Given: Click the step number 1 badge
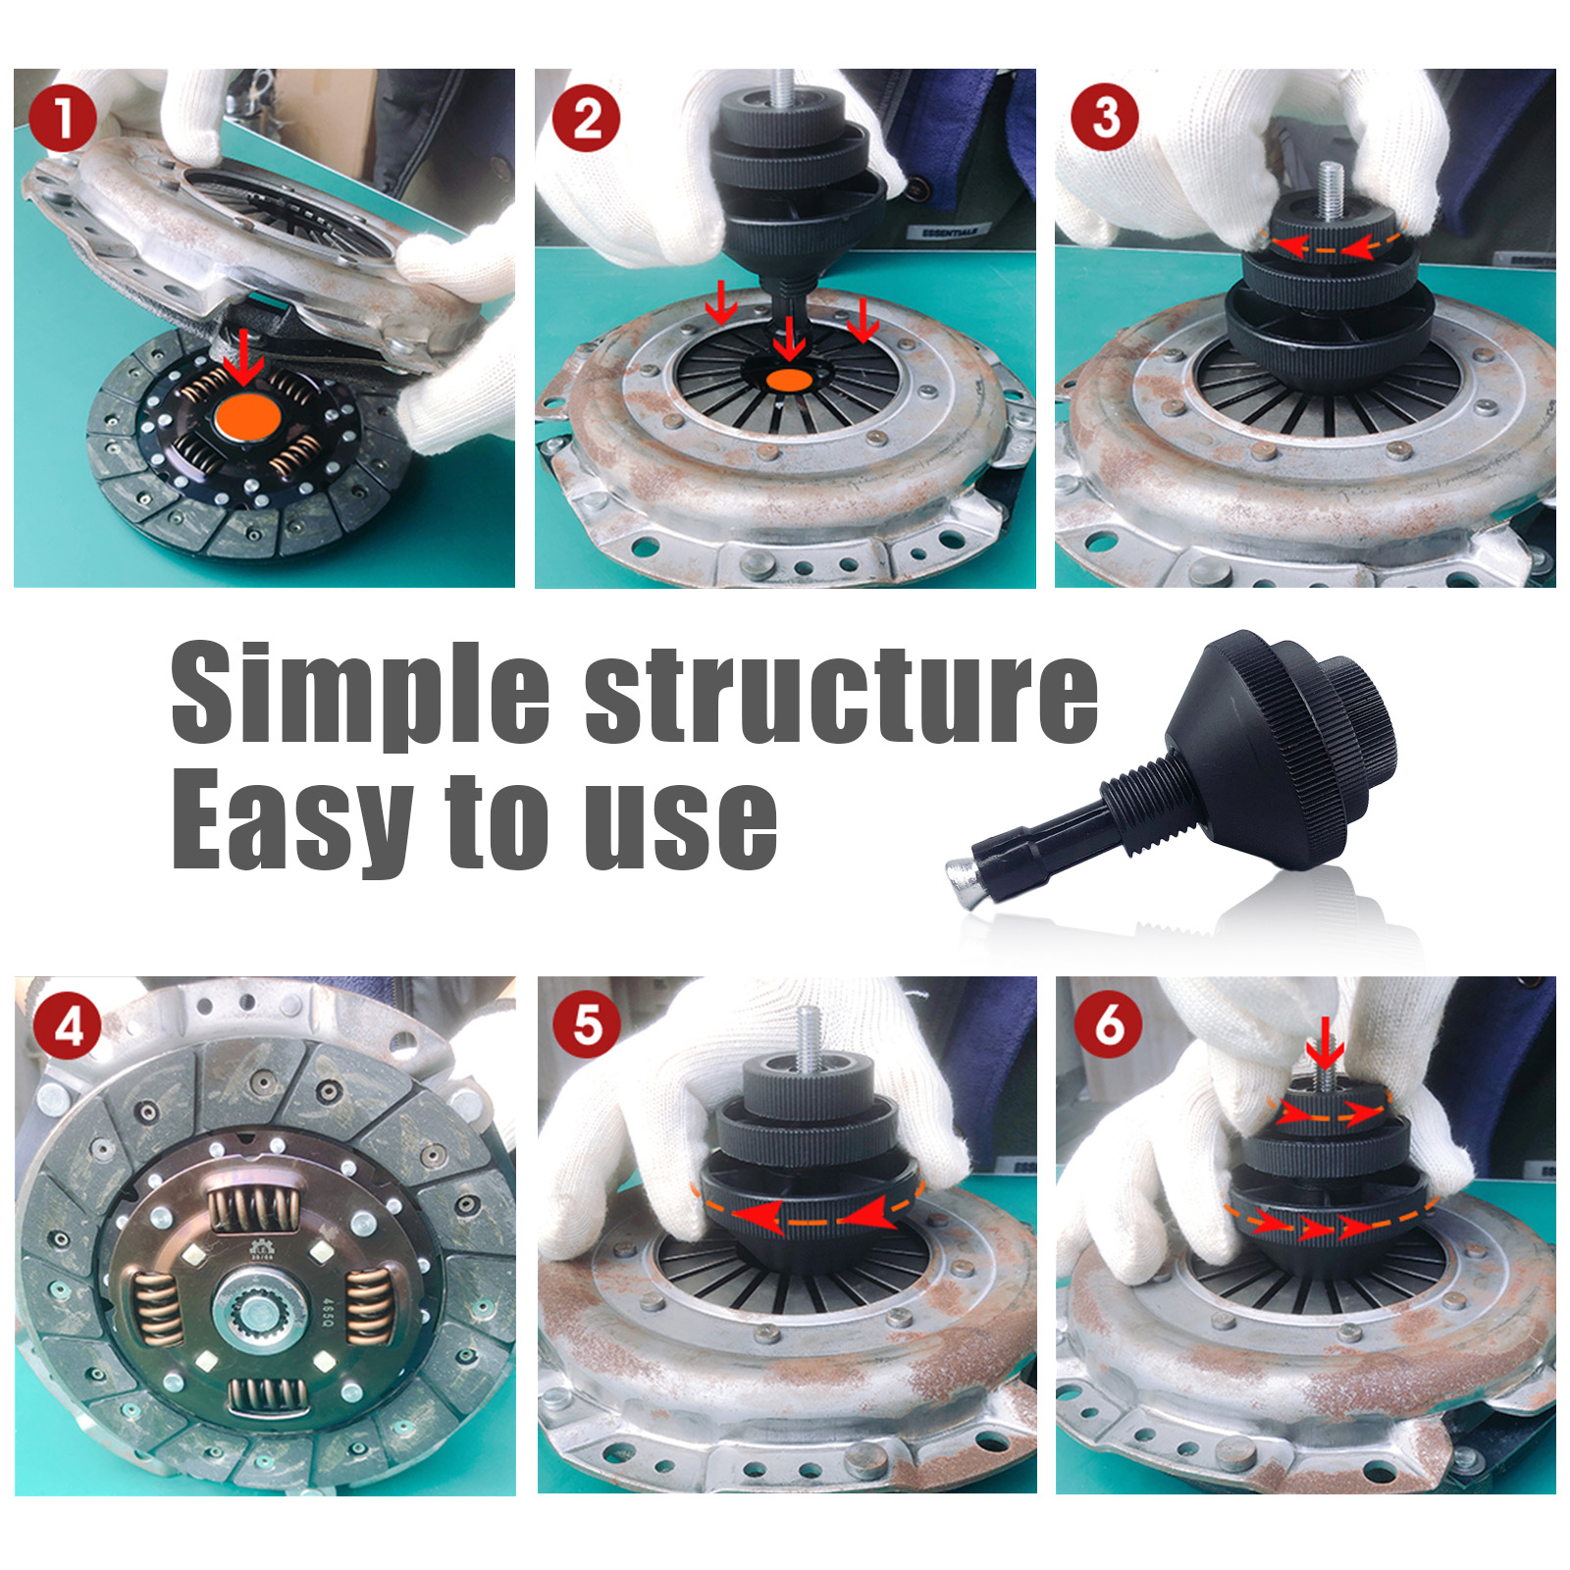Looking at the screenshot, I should pyautogui.click(x=63, y=118).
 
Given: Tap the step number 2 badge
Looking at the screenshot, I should pyautogui.click(x=586, y=118).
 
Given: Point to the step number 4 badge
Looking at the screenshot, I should pyautogui.click(x=68, y=1025).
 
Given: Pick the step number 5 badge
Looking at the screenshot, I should pyautogui.click(x=587, y=1025).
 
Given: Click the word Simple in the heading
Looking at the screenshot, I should pyautogui.click(x=359, y=694).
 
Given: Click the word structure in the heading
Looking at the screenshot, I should pyautogui.click(x=841, y=694).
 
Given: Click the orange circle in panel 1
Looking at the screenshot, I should pyautogui.click(x=247, y=419).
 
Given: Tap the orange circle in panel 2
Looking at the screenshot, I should pyautogui.click(x=789, y=380).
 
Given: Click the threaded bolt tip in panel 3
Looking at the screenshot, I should pyautogui.click(x=1330, y=183).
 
